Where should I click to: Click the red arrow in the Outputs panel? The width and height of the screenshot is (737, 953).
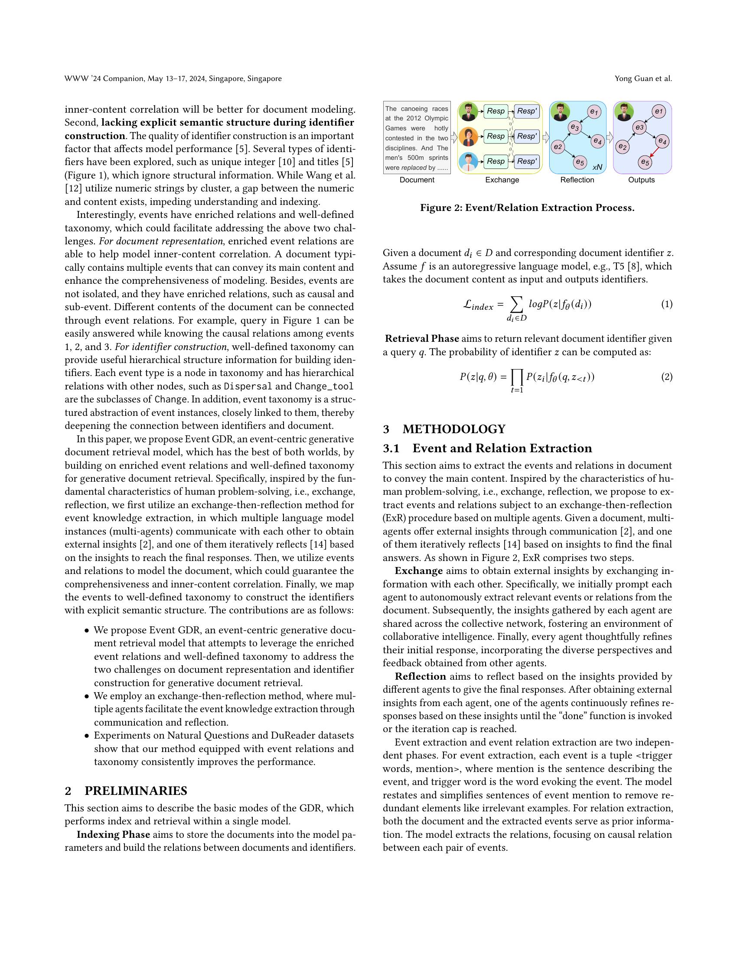[x=654, y=152]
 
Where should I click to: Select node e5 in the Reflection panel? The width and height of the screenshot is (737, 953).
[x=579, y=162]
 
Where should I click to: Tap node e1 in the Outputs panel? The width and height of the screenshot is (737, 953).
[x=659, y=112]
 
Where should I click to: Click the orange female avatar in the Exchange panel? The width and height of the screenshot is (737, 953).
[x=468, y=137]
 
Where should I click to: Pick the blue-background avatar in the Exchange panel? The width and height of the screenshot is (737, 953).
[x=468, y=162]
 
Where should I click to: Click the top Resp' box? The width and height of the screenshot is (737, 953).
[x=527, y=111]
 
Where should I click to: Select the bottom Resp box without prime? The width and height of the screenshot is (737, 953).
[x=496, y=162]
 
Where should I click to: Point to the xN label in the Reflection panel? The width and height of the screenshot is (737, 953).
[x=597, y=167]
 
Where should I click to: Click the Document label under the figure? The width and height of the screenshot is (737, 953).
[x=417, y=180]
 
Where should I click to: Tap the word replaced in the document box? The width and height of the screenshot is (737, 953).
[x=414, y=168]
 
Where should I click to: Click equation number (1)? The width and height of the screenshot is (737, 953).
[x=666, y=304]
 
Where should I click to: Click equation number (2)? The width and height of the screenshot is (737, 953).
[x=666, y=376]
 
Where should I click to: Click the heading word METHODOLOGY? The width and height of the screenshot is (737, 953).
[x=453, y=429]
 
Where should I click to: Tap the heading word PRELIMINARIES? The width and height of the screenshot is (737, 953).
[x=135, y=791]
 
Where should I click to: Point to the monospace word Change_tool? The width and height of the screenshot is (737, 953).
[x=323, y=386]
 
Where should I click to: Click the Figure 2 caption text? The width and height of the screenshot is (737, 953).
[x=527, y=207]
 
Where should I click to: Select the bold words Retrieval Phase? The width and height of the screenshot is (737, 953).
[x=421, y=339]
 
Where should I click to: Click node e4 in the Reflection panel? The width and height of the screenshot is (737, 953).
[x=597, y=141]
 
